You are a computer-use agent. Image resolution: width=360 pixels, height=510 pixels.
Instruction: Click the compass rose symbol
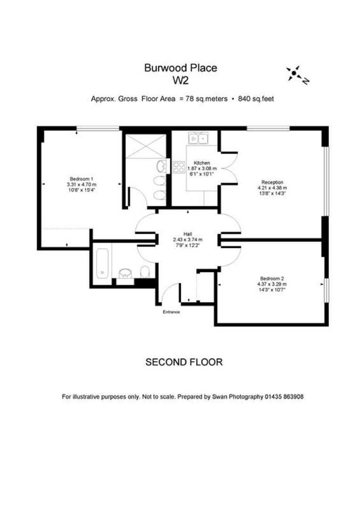[x=295, y=74]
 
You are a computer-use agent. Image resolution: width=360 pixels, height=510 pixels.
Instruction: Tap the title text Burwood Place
[x=180, y=68]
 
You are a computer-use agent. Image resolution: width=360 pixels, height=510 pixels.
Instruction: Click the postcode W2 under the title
[x=180, y=80]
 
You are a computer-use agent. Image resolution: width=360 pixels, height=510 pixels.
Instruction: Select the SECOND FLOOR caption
[x=184, y=362]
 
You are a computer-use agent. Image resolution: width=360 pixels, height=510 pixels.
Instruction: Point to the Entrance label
[x=171, y=312]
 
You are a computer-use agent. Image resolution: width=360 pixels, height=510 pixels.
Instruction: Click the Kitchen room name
[x=201, y=163]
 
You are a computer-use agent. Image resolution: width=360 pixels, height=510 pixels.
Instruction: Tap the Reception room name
[x=272, y=182]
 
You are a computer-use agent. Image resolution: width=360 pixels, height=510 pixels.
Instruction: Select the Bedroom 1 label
[x=81, y=178]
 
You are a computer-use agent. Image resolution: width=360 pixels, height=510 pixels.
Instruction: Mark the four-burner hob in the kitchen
[x=179, y=167]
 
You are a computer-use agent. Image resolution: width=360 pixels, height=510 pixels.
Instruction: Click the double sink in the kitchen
[x=198, y=138]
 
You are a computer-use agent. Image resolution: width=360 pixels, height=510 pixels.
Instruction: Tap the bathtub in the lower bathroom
[x=102, y=263]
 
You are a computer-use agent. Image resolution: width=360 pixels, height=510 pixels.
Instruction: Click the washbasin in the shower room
[x=162, y=166]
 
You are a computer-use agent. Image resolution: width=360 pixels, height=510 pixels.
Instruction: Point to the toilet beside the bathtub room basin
[x=145, y=271]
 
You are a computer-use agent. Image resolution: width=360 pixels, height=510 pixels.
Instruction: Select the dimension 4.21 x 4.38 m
[x=272, y=187]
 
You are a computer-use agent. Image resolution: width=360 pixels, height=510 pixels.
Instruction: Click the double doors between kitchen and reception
[x=228, y=166]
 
